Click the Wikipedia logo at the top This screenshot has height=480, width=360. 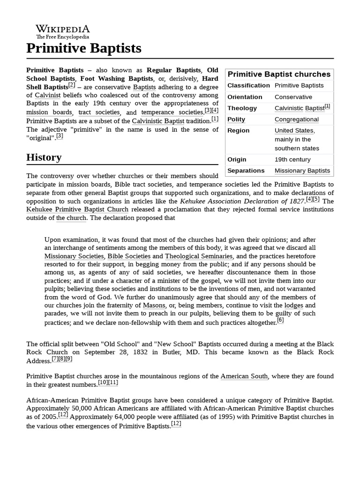[x=62, y=31]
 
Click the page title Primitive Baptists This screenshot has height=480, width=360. [x=84, y=48]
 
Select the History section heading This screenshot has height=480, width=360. [x=44, y=157]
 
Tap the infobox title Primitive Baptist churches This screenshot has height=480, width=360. [x=279, y=74]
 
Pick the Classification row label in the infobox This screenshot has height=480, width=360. [x=248, y=85]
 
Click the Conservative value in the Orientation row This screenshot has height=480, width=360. [x=293, y=97]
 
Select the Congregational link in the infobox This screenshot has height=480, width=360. [x=296, y=119]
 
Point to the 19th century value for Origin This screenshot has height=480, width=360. [x=292, y=159]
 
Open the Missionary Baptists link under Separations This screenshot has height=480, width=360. [x=302, y=171]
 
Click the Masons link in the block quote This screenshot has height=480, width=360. [x=154, y=305]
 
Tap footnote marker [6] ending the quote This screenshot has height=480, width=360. [x=280, y=321]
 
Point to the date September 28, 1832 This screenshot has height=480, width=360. [x=128, y=352]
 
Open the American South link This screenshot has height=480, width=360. [x=244, y=376]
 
